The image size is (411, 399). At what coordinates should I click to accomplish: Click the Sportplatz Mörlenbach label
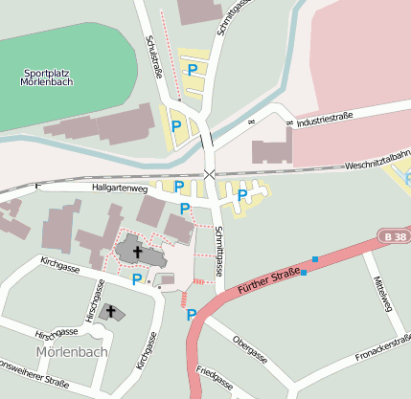(x=48, y=77)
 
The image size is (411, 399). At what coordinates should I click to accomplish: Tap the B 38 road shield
(x=388, y=234)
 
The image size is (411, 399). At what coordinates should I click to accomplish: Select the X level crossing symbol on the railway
(x=210, y=173)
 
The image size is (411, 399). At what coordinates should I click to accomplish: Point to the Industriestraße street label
(x=325, y=120)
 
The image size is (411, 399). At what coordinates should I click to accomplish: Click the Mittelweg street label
(x=384, y=293)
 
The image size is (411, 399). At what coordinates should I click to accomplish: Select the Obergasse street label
(x=250, y=349)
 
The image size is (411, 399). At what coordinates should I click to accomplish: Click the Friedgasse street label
(x=215, y=379)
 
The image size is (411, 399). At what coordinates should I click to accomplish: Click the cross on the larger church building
(x=138, y=253)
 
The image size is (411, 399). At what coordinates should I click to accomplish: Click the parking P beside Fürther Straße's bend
(x=192, y=314)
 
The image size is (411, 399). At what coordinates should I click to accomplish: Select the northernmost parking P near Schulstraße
(x=193, y=70)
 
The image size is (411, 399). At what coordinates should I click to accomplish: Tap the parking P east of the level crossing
(x=242, y=195)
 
